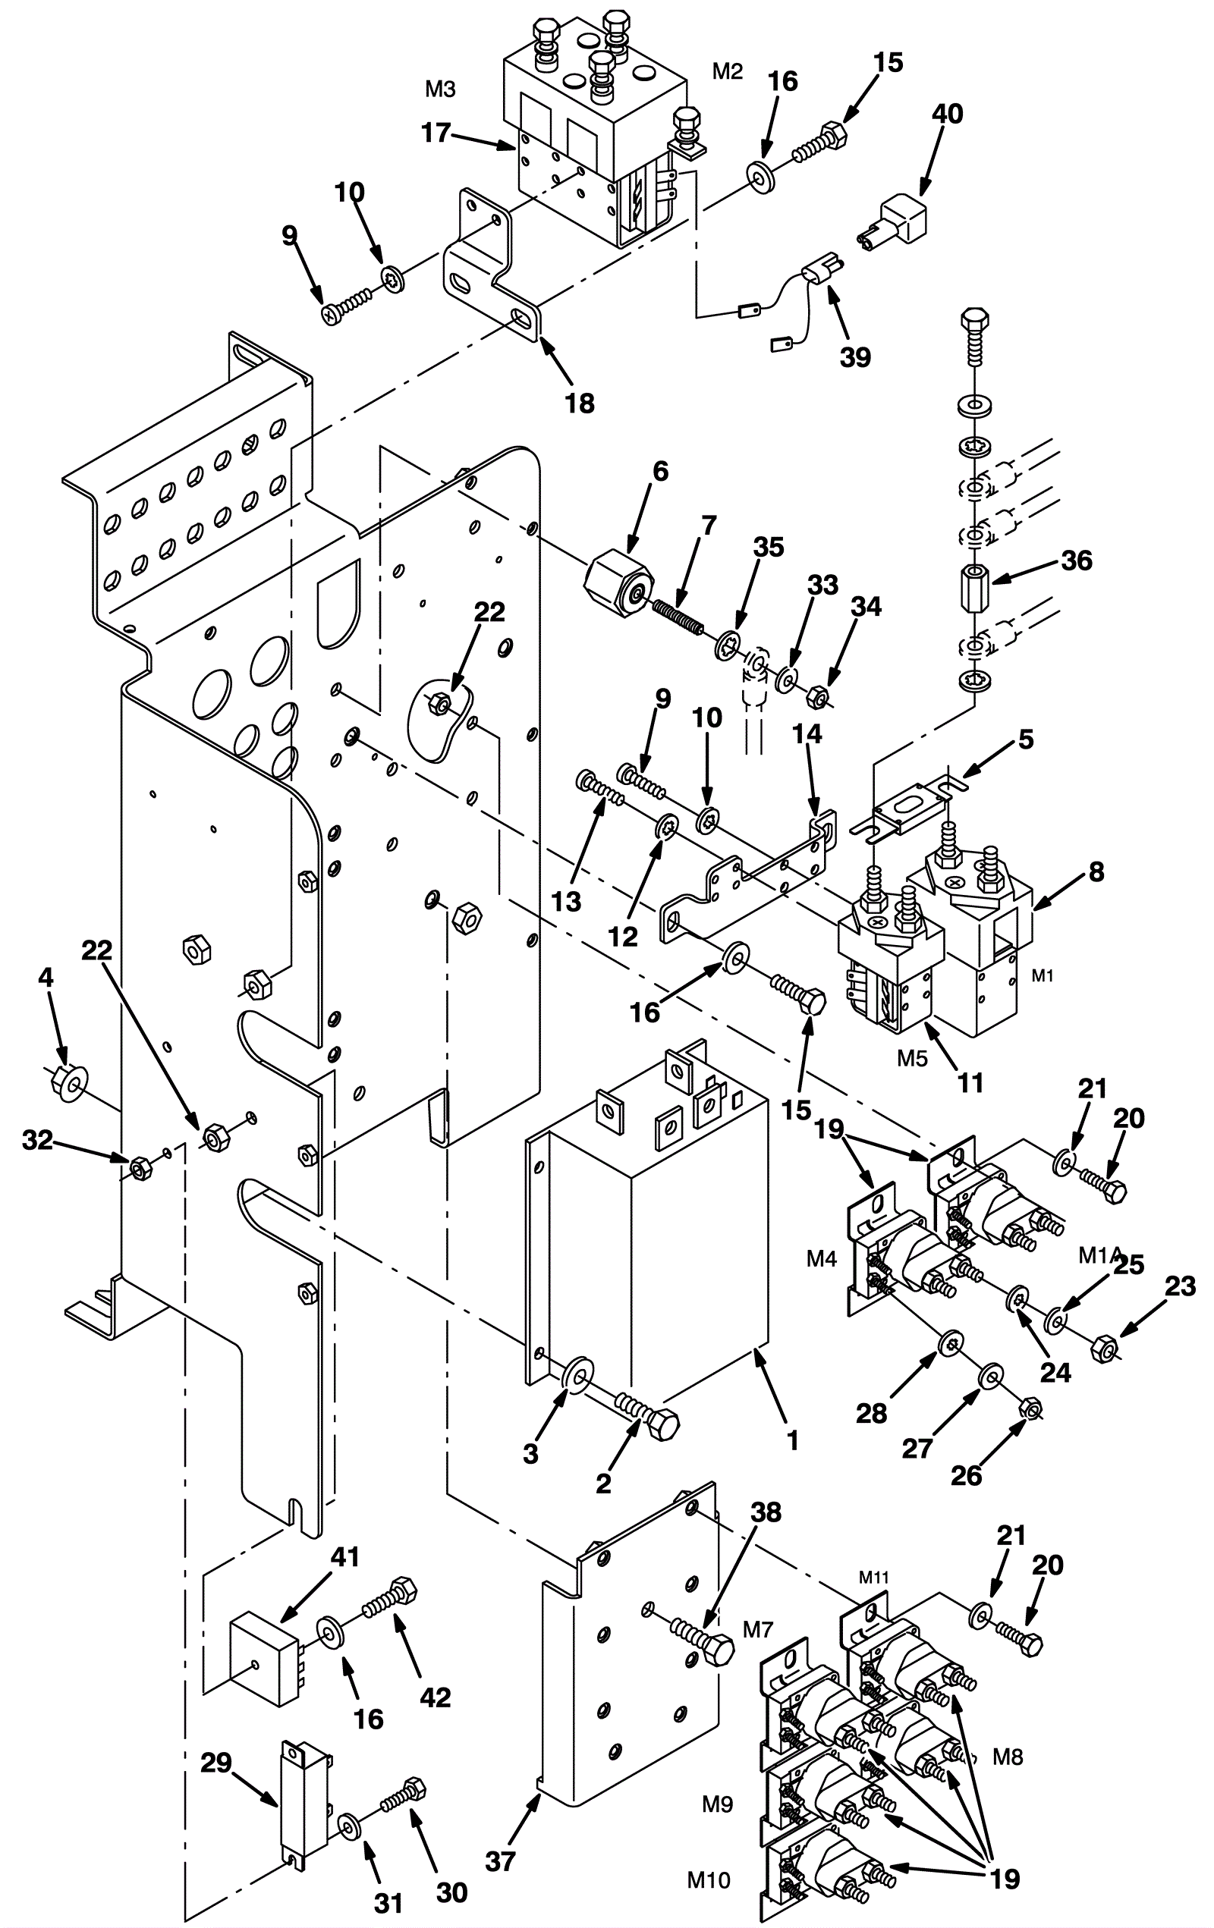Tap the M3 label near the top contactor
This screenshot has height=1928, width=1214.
439,89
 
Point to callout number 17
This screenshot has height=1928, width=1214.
436,132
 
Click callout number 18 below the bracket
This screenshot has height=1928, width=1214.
580,403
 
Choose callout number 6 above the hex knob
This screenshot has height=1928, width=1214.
660,471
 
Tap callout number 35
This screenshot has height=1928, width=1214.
769,547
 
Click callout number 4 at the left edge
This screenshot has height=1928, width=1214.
46,978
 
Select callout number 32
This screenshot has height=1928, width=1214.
38,1140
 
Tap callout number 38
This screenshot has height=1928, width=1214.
766,1512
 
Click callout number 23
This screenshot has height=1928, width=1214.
1181,1286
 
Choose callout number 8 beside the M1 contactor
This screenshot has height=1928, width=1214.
1096,872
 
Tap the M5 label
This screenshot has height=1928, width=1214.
912,1058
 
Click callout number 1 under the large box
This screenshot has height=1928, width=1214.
793,1441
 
